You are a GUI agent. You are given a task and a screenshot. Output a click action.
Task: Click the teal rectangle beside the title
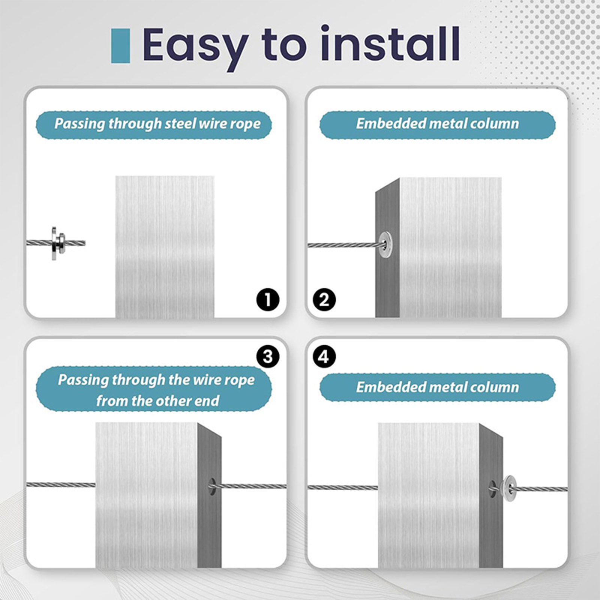coord(120,46)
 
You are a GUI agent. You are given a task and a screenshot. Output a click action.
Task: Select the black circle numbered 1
coord(268,300)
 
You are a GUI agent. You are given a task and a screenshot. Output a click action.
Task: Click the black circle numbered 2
coord(324,300)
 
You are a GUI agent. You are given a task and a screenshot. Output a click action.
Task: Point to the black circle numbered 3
coord(268,356)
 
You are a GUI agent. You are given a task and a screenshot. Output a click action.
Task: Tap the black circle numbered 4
coord(324,356)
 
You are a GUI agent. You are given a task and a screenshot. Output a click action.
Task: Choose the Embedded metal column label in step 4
coord(437,387)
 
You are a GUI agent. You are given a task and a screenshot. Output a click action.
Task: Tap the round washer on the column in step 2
coord(385,244)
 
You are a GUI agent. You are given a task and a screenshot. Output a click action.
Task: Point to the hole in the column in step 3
coord(212,487)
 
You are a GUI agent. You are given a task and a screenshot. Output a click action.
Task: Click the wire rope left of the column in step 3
coord(61,484)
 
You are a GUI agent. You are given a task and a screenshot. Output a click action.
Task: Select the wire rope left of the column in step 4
coord(343,487)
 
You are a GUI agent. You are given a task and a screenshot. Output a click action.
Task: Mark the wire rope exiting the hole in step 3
coord(249,486)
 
